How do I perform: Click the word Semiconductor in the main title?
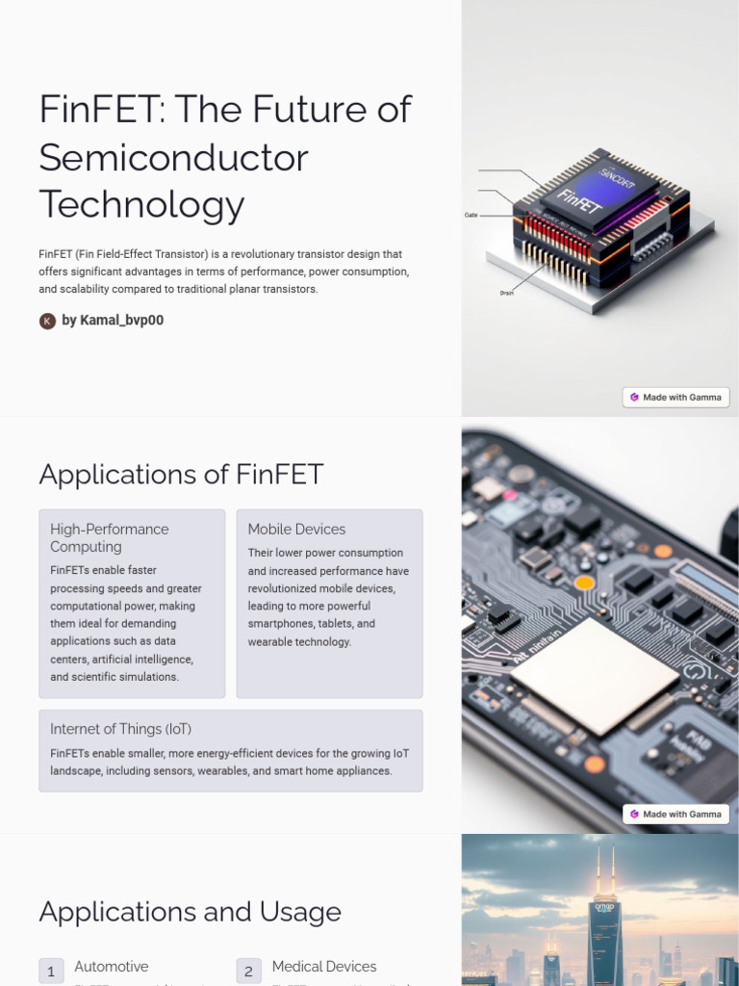(x=173, y=157)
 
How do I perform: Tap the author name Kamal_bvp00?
(x=113, y=321)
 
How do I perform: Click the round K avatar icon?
(x=47, y=321)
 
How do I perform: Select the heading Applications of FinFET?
(x=181, y=475)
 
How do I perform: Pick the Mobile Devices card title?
(x=296, y=529)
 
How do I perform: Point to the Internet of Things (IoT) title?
(x=120, y=729)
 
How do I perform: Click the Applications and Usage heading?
(x=190, y=912)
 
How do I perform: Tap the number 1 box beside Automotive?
(x=51, y=971)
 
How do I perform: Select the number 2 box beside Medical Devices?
(x=248, y=971)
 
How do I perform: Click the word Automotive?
(x=112, y=966)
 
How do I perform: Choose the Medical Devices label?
(x=324, y=966)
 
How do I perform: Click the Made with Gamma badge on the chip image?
(x=675, y=397)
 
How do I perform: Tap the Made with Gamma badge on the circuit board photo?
(x=675, y=814)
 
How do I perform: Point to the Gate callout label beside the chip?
(x=471, y=216)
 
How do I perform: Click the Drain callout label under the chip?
(x=506, y=293)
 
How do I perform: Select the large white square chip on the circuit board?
(x=594, y=675)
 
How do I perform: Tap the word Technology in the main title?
(x=141, y=204)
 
